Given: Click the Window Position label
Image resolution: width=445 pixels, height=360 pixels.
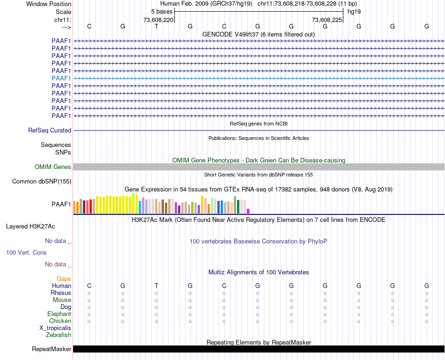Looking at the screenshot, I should tap(49, 4).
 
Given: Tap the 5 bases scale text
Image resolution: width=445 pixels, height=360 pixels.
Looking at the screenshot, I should tap(162, 11).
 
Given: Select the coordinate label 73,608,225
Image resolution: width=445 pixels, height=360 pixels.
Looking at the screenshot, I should tap(327, 20).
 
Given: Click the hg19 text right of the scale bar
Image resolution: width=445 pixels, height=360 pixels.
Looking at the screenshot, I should tap(354, 11).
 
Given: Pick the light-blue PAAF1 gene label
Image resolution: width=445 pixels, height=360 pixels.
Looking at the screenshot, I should tap(61, 78).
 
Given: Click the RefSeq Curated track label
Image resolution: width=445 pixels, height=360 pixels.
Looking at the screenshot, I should tap(50, 131).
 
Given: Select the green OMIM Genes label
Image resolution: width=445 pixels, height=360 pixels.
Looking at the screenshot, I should tap(53, 167).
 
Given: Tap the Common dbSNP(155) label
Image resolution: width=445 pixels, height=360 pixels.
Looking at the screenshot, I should tap(42, 182).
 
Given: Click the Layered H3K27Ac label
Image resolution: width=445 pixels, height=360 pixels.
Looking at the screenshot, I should tap(30, 227).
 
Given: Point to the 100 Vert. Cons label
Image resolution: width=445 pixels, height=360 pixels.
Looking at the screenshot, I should tap(26, 253).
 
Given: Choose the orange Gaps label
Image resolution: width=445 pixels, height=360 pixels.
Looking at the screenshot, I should tap(64, 279).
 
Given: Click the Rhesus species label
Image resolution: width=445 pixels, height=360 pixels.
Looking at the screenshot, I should tap(61, 293).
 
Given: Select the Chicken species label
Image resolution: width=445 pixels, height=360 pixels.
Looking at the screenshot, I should tap(60, 321).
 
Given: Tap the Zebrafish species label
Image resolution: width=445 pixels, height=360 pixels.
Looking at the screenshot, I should tap(59, 335).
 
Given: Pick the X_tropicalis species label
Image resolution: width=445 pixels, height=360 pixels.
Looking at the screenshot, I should tap(55, 328).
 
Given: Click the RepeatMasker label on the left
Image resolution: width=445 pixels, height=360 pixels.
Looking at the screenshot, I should tap(52, 349).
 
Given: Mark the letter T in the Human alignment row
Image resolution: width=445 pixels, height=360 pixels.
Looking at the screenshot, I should tap(156, 286).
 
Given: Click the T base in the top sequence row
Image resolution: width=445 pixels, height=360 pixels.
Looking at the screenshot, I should tap(156, 27).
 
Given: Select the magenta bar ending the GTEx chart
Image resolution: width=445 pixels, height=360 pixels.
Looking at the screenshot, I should tap(248, 211).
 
